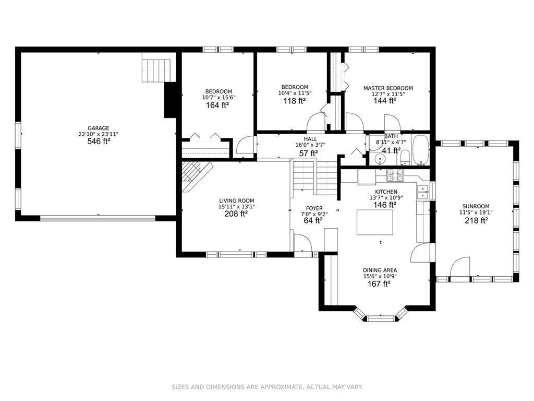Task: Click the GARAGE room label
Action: click(99, 128)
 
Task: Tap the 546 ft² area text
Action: click(99, 141)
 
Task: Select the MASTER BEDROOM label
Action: click(388, 88)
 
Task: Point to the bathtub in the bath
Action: click(421, 150)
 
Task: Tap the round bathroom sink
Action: click(379, 159)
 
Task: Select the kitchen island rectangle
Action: click(374, 222)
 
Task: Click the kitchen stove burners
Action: click(395, 175)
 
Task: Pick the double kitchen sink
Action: click(423, 192)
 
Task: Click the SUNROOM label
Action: click(476, 206)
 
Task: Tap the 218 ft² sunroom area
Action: click(476, 221)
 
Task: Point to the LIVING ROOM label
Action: click(237, 201)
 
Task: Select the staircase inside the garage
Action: click(156, 70)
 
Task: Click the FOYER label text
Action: click(314, 208)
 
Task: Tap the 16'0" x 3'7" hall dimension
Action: click(310, 145)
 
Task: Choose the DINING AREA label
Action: click(380, 270)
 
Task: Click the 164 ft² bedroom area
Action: click(217, 105)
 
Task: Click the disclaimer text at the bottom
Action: click(266, 387)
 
